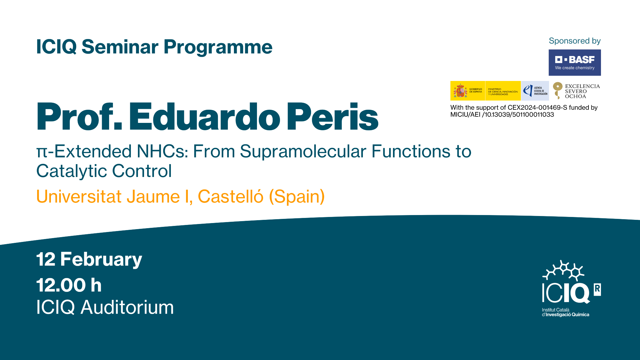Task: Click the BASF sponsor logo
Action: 575,62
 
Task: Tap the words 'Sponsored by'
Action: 575,41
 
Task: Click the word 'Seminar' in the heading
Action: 120,47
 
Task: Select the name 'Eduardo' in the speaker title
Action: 204,117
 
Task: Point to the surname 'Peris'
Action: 333,117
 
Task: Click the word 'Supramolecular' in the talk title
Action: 303,151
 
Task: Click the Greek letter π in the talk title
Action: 42,153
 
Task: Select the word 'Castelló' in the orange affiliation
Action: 230,196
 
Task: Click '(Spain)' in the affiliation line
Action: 297,196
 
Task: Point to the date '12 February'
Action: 89,259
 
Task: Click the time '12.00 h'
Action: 69,285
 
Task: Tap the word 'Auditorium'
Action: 127,307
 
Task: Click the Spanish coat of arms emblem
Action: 460,91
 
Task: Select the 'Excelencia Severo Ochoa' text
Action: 582,91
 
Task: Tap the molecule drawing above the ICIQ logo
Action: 564,270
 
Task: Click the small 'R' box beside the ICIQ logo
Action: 597,290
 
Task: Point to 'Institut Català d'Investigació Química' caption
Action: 565,312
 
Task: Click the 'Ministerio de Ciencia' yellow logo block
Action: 503,91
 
